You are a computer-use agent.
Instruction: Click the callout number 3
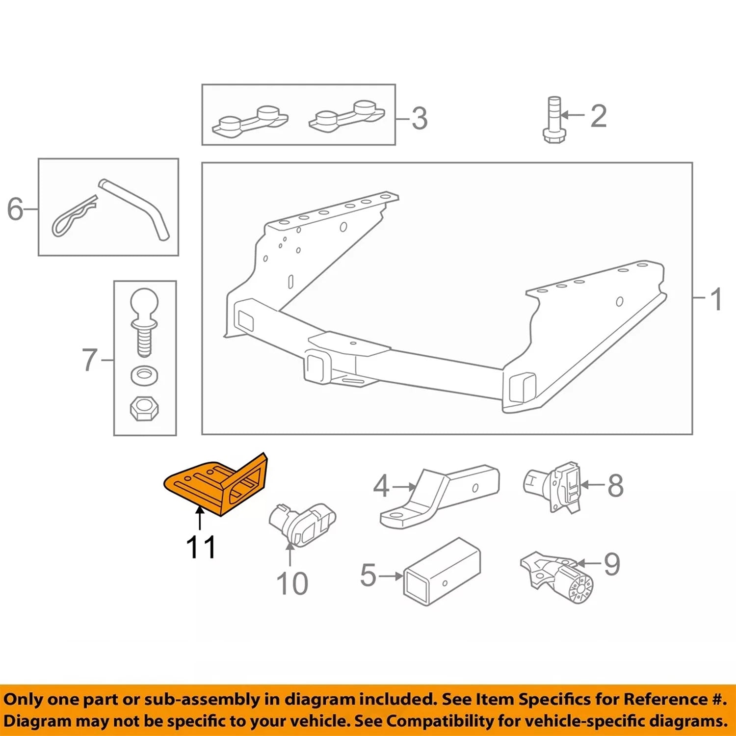pos(419,119)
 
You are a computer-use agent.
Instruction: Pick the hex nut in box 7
pos(144,408)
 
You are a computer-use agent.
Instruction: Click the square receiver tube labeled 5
pos(442,572)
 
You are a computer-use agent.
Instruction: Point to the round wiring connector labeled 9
pos(558,578)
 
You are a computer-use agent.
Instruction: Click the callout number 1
pos(716,299)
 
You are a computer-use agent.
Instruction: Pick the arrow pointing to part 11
pos(200,518)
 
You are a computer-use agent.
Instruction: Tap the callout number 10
pos(292,583)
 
